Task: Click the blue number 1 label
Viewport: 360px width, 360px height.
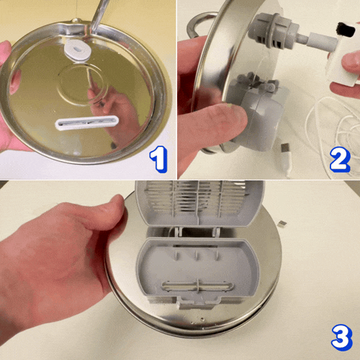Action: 158,159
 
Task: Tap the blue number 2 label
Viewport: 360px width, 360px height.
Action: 340,160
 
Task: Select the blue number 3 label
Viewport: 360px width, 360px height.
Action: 342,337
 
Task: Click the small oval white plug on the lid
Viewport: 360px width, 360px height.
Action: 78,50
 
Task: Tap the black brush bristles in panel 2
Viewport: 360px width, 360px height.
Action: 346,30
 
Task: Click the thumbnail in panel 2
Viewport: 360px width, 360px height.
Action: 228,107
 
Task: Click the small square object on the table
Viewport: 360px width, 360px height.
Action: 281,224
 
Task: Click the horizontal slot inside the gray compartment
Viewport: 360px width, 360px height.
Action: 197,287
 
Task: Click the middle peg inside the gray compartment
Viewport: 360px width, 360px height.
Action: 197,256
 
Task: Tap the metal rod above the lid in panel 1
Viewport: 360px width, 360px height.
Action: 99,15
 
